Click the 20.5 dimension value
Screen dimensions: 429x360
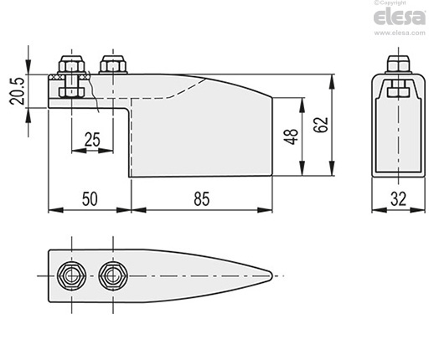tap(16, 90)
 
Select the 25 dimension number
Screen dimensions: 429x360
tap(92, 140)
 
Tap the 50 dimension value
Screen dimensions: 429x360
tap(90, 199)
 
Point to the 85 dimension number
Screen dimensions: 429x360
tap(201, 199)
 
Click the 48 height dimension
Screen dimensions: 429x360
tap(291, 136)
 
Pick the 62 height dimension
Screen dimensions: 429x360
tap(321, 125)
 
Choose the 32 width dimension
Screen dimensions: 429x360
tap(398, 199)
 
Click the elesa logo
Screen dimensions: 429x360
tap(400, 17)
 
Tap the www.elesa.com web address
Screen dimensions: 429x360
tap(400, 33)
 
